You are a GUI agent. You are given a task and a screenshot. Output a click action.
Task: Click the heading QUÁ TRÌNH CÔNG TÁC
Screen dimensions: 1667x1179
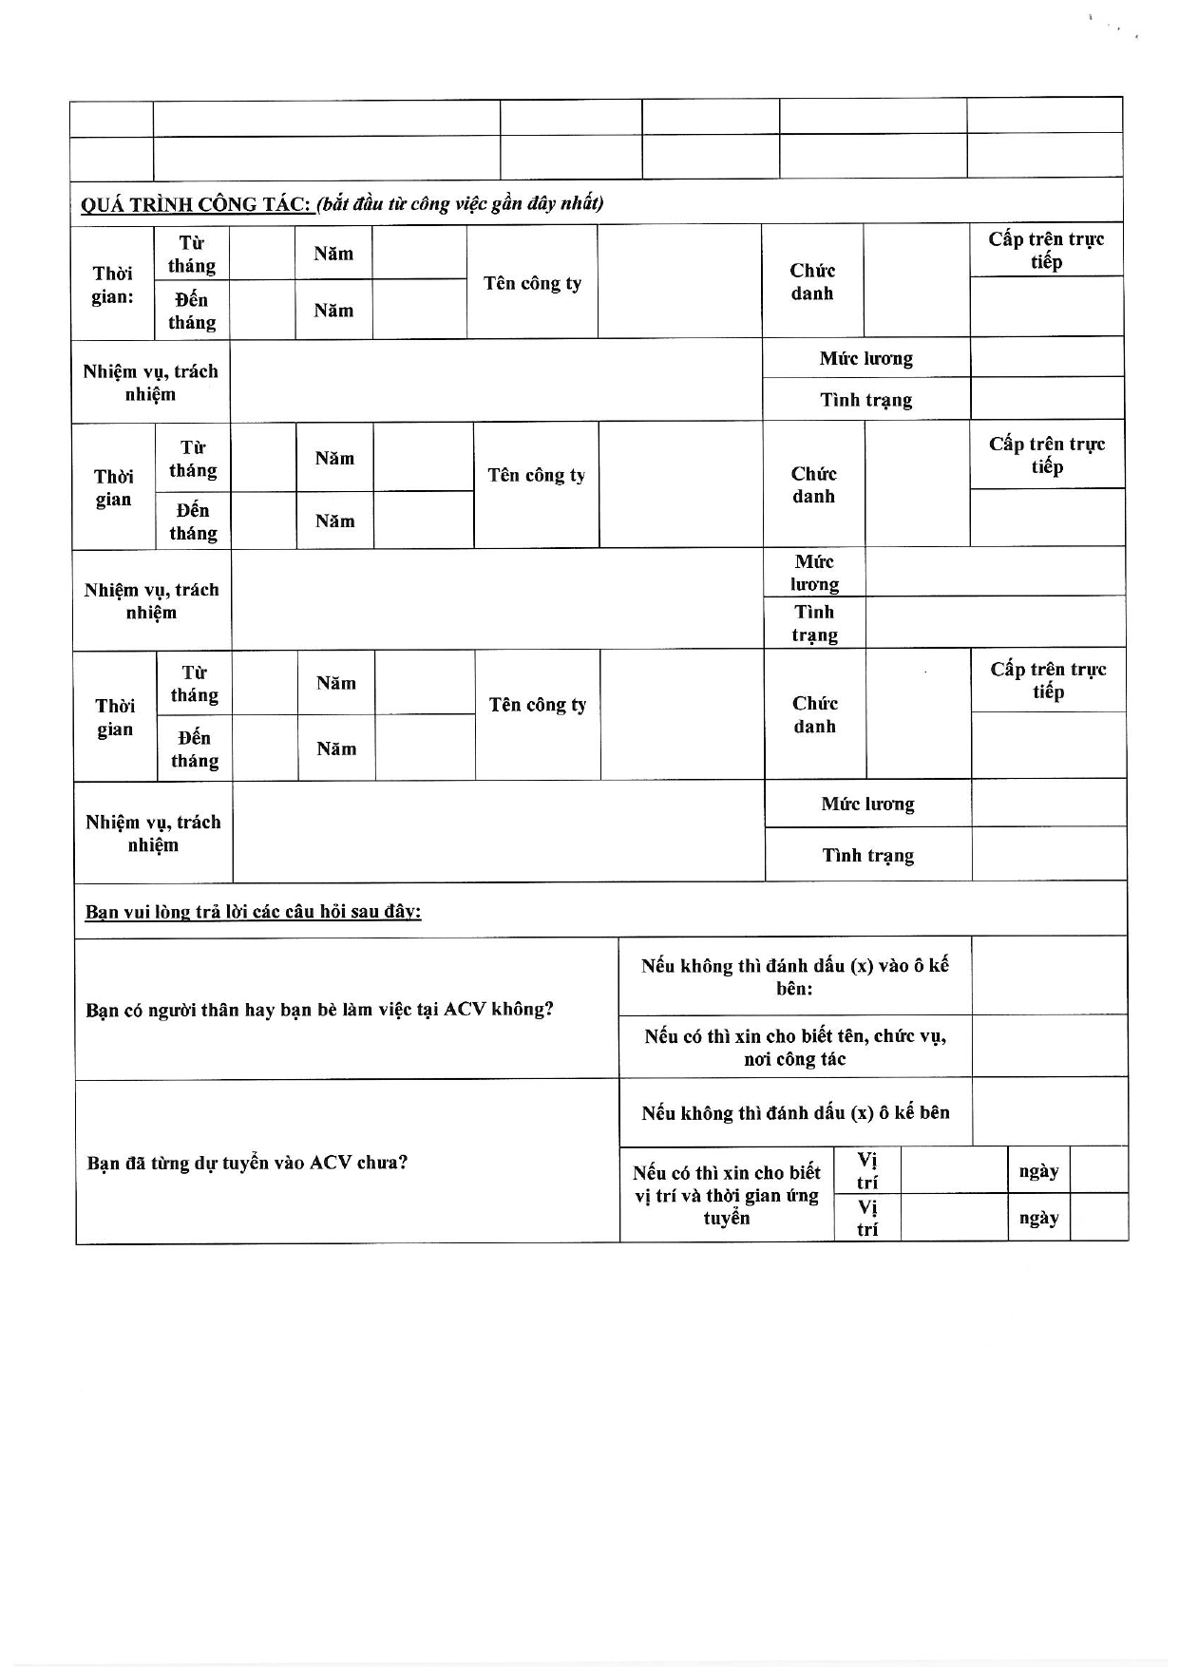pyautogui.click(x=198, y=204)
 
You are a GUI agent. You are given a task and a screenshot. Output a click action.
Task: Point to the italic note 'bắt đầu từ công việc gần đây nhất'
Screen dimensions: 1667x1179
pyautogui.click(x=460, y=203)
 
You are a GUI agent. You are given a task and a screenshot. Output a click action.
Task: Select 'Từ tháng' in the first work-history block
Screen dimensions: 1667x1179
pyautogui.click(x=192, y=255)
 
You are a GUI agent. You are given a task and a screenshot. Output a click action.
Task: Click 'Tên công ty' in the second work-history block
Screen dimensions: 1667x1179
pyautogui.click(x=536, y=475)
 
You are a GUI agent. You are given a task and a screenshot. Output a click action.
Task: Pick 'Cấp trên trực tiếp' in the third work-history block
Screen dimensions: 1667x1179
pyautogui.click(x=1048, y=680)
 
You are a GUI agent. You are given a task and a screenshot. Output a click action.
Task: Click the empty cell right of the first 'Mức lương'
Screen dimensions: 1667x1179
pyautogui.click(x=1046, y=358)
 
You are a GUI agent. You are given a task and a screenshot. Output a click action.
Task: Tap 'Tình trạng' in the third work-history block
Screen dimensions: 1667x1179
pyautogui.click(x=867, y=855)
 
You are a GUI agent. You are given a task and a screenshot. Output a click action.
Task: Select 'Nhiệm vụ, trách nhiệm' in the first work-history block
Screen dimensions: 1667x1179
pyautogui.click(x=150, y=383)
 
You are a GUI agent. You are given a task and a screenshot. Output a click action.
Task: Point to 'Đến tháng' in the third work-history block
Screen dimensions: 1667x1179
pyautogui.click(x=194, y=748)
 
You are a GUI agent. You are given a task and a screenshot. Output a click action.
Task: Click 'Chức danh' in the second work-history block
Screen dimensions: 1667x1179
pyautogui.click(x=813, y=484)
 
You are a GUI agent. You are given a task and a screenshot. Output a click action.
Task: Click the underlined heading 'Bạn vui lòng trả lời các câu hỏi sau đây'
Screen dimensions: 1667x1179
pyautogui.click(x=253, y=912)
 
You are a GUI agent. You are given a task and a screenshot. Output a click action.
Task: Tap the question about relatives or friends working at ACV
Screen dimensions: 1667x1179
pyautogui.click(x=319, y=1009)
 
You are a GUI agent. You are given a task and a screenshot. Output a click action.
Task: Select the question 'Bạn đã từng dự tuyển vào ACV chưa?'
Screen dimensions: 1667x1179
pyautogui.click(x=247, y=1163)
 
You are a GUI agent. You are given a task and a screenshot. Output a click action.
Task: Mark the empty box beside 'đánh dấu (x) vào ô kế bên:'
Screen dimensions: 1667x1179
pyautogui.click(x=1049, y=976)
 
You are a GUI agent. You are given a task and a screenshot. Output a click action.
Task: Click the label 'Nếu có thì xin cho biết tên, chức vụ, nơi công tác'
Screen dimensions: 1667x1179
pyautogui.click(x=794, y=1047)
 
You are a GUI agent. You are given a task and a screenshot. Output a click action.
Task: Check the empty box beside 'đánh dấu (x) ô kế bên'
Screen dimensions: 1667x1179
pyautogui.click(x=1050, y=1112)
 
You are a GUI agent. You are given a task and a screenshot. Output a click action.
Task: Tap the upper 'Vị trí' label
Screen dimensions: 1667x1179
pyautogui.click(x=866, y=1170)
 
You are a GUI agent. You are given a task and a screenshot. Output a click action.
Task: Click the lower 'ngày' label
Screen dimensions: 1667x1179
pyautogui.click(x=1038, y=1218)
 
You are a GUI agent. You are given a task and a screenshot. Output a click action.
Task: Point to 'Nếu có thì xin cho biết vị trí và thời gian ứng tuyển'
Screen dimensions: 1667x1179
pyautogui.click(x=726, y=1195)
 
